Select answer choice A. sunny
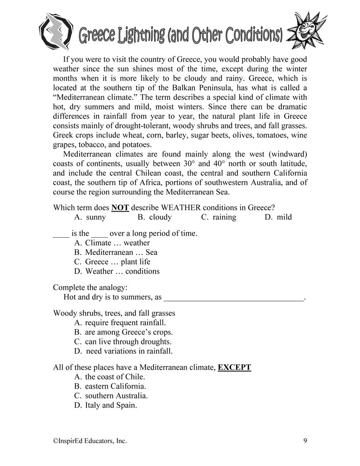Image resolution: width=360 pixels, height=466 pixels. pos(90,217)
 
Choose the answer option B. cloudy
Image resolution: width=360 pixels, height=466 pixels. pos(155,217)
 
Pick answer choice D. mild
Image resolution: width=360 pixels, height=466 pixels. pos(278,217)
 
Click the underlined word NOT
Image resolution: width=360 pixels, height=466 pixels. pos(120,207)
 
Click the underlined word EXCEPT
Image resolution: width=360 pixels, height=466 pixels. pos(234,367)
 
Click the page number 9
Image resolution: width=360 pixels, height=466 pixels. pos(305,440)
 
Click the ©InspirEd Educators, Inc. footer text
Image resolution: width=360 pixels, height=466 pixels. pos(90,440)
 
